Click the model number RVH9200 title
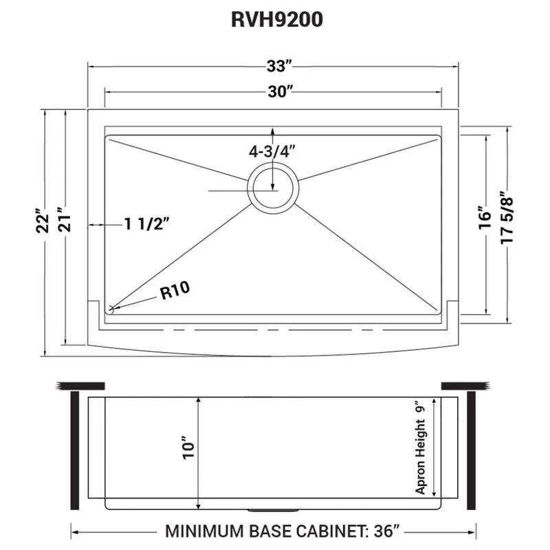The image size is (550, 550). [x=277, y=20]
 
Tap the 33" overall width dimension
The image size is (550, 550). [x=279, y=66]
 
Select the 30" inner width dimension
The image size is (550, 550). [x=280, y=91]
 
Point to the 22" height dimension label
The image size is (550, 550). [x=43, y=221]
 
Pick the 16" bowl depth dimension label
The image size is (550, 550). [x=486, y=217]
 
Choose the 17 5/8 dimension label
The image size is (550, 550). [x=507, y=217]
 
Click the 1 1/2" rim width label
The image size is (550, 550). [x=147, y=224]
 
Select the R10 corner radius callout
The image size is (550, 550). [x=175, y=289]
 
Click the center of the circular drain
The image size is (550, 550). [x=273, y=188]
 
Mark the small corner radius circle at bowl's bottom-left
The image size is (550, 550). [x=111, y=309]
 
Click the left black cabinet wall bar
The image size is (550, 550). [x=75, y=450]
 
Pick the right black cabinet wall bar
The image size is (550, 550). [x=471, y=450]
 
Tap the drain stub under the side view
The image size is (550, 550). [x=273, y=509]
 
